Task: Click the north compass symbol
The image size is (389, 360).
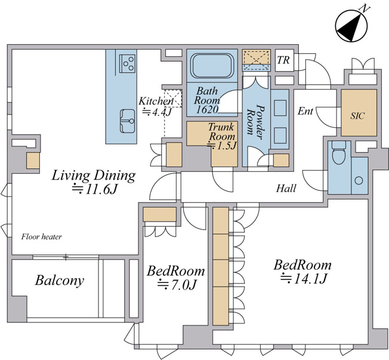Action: pyautogui.click(x=351, y=26)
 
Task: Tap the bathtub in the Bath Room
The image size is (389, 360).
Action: pyautogui.click(x=212, y=66)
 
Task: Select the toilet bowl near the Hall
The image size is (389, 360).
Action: pyautogui.click(x=339, y=153)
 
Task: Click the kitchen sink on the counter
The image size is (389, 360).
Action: pyautogui.click(x=128, y=121)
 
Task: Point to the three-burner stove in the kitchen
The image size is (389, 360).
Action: pyautogui.click(x=128, y=63)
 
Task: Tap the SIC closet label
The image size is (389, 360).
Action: pyautogui.click(x=358, y=116)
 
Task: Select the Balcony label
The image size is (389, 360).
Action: pyautogui.click(x=60, y=281)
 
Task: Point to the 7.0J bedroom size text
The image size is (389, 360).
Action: pyautogui.click(x=177, y=285)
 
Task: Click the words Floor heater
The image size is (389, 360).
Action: pyautogui.click(x=41, y=236)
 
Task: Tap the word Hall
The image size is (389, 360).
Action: pyautogui.click(x=286, y=189)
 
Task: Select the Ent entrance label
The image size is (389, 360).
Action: pyautogui.click(x=305, y=111)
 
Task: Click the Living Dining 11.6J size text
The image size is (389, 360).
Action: pyautogui.click(x=94, y=190)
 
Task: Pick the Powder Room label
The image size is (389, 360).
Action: pyautogui.click(x=255, y=122)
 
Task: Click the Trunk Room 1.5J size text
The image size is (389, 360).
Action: pyautogui.click(x=223, y=146)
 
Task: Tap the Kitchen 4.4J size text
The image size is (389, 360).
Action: pyautogui.click(x=156, y=112)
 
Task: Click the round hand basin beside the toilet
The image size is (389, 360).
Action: pyautogui.click(x=359, y=180)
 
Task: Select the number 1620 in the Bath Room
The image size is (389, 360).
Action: pyautogui.click(x=207, y=109)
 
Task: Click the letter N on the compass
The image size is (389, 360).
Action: pyautogui.click(x=365, y=9)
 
